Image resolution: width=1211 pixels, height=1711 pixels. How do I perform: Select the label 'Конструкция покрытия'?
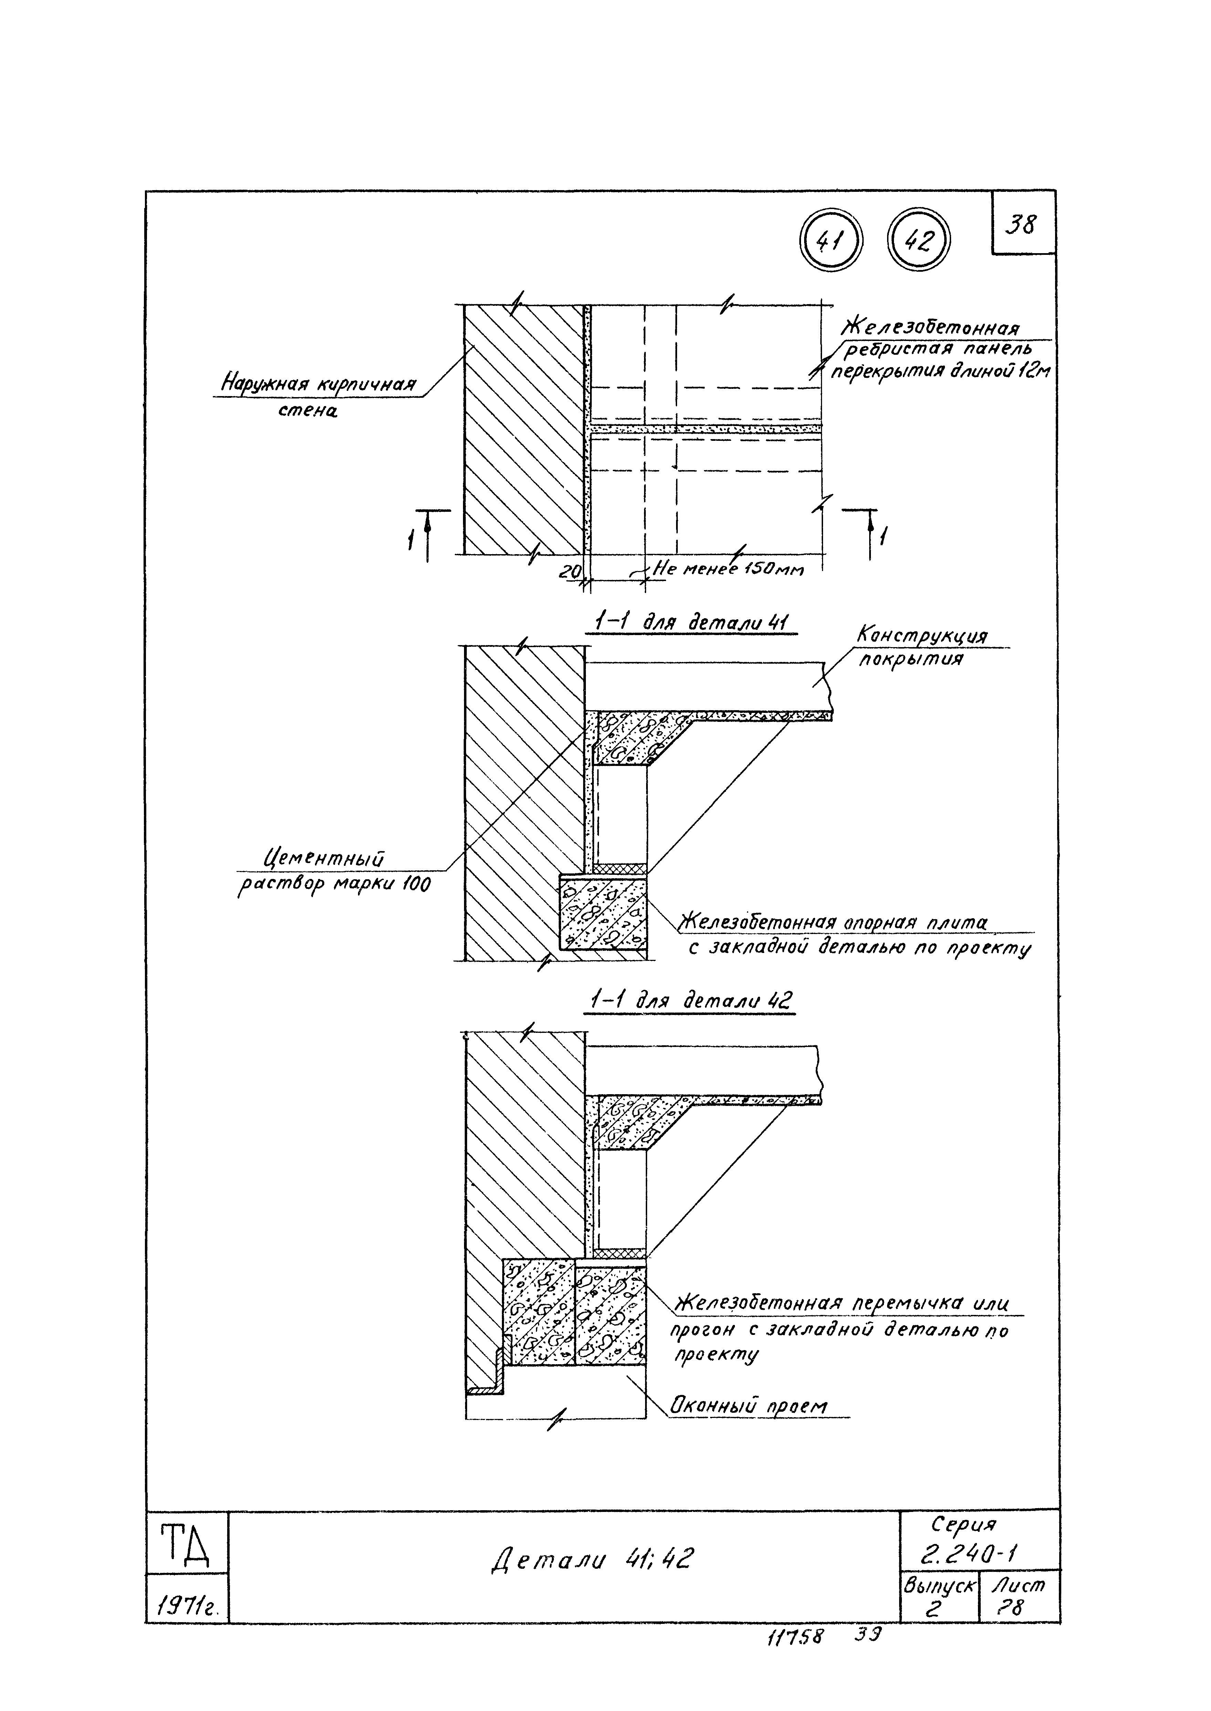[922, 647]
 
